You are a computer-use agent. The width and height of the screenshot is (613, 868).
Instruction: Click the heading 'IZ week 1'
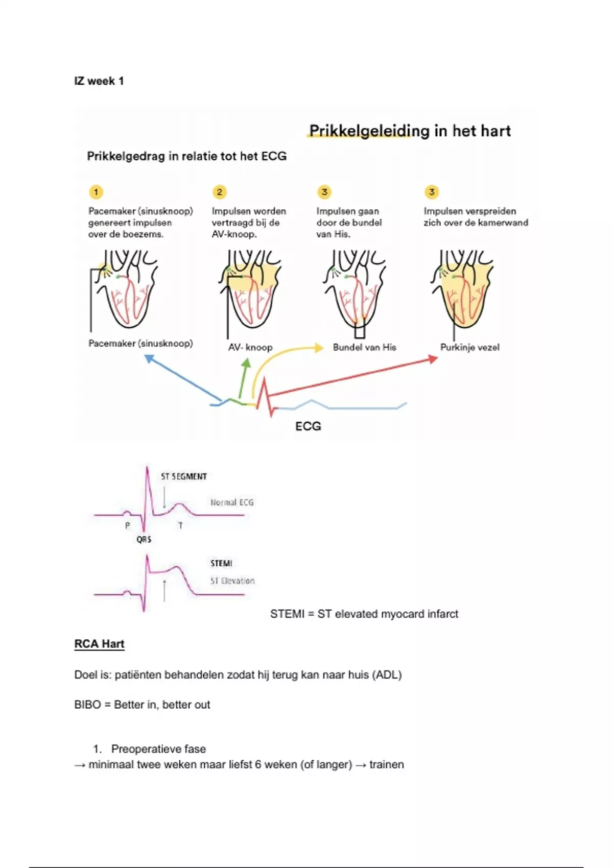click(x=99, y=81)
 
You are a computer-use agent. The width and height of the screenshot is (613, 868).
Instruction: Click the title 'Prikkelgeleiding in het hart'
click(x=410, y=131)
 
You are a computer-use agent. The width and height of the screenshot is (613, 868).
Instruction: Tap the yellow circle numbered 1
click(x=96, y=192)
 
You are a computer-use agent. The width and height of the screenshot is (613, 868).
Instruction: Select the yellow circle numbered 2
click(x=220, y=192)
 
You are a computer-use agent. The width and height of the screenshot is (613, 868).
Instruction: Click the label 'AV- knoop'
click(x=250, y=347)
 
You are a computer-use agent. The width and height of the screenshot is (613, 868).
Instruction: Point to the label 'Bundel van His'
click(x=364, y=347)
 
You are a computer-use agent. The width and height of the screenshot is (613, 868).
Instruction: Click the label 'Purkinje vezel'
click(x=469, y=347)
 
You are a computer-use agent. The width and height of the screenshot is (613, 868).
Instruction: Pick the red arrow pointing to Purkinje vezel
click(x=352, y=377)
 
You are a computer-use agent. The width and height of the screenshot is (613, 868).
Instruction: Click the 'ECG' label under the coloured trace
click(x=308, y=426)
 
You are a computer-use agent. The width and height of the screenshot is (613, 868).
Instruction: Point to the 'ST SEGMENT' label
click(x=184, y=476)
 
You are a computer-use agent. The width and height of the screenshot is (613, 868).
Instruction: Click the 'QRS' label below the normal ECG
click(x=144, y=539)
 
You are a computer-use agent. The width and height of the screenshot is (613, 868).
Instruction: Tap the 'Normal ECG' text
click(x=232, y=502)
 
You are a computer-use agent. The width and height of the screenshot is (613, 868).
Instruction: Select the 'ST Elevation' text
click(x=232, y=581)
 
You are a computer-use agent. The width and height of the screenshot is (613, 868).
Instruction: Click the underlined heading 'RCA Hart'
click(x=99, y=644)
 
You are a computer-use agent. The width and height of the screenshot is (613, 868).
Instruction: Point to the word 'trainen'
click(x=386, y=764)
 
